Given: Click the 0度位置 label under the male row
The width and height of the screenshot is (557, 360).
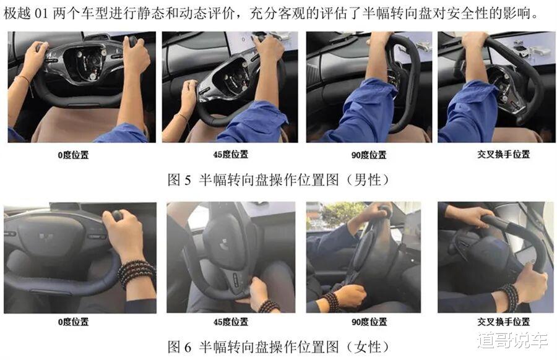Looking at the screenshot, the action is click(x=73, y=155).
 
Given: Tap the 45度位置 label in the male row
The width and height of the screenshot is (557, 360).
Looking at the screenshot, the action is click(x=231, y=155).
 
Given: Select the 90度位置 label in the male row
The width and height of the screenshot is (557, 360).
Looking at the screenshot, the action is click(x=369, y=155).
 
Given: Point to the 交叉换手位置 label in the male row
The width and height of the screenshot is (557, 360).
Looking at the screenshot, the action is click(x=503, y=154).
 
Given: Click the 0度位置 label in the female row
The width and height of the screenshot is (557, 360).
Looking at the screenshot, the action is click(x=73, y=322).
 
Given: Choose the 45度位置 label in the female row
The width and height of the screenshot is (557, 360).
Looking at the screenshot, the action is click(x=231, y=322).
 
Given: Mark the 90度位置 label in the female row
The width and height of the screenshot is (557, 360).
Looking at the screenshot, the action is click(x=369, y=322).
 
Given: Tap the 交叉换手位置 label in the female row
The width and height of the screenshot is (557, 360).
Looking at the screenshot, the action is click(x=503, y=322).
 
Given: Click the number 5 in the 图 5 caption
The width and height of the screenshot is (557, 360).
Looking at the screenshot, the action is click(x=188, y=180).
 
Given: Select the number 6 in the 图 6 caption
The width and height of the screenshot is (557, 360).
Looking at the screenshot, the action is click(x=188, y=347).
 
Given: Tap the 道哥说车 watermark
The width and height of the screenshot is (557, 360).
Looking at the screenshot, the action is click(x=513, y=340).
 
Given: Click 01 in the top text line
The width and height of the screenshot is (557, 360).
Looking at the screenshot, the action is click(x=41, y=14).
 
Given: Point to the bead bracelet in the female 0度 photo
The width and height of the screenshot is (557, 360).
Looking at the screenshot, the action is click(x=136, y=273).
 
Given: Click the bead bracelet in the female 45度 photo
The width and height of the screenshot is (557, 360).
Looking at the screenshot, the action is click(x=268, y=306).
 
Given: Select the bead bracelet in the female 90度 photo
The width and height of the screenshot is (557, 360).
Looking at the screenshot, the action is click(x=332, y=301).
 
